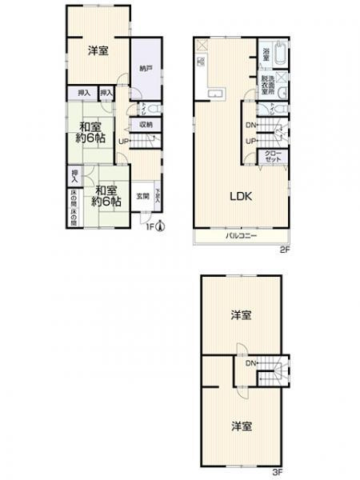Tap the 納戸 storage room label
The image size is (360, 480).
[x=144, y=68]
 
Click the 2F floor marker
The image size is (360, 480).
[x=283, y=250]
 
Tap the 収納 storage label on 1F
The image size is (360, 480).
[x=145, y=124]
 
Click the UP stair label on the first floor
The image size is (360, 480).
[x=123, y=142]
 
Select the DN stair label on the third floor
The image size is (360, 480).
[x=250, y=364]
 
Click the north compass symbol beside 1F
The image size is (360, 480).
[x=160, y=225]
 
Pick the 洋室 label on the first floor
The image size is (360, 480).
[x=98, y=50]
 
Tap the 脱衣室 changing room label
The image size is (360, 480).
[x=266, y=84]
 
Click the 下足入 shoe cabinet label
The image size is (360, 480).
[x=158, y=194]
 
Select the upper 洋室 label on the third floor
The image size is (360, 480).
[x=241, y=315]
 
